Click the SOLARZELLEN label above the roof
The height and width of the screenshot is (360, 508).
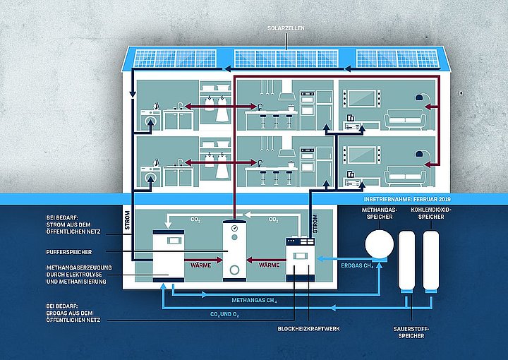coord(286,28)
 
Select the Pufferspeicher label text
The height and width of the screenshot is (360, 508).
coord(69,252)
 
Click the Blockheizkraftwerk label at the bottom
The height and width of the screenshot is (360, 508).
coord(308,328)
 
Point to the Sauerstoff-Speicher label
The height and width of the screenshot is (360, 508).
coord(411,332)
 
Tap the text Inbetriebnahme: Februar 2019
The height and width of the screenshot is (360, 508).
coord(407,199)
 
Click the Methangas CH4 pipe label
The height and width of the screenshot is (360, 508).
coord(254,301)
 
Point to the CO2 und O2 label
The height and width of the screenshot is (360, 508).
coord(224,314)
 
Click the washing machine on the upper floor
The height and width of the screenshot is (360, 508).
coord(150,120)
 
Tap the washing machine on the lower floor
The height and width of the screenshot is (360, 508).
coord(150,176)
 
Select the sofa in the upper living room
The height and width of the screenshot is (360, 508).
coord(405,120)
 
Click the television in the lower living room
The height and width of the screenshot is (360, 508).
coord(362,155)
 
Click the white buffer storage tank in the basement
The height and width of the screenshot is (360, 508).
coord(234,251)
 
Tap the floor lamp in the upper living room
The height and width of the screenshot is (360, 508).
coord(426,112)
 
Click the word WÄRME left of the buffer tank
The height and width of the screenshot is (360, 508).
coord(200,265)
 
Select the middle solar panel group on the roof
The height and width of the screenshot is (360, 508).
coord(286,59)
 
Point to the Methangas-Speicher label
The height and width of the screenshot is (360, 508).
coord(380,213)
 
